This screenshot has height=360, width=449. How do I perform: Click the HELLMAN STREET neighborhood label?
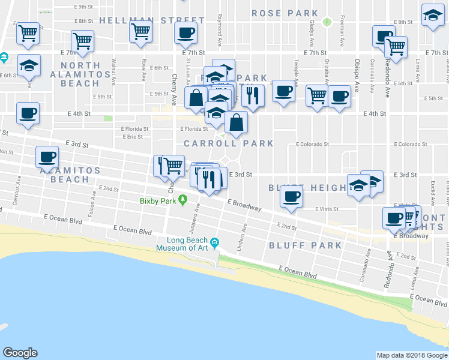[140, 20]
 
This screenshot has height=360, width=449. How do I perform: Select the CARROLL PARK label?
[229, 143]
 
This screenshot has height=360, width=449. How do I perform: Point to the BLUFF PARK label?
[306, 245]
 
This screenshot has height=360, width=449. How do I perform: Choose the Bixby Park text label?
[158, 201]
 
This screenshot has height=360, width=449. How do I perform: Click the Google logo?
[20, 353]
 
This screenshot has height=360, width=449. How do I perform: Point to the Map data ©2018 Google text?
[412, 355]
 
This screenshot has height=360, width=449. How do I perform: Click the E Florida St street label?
[194, 128]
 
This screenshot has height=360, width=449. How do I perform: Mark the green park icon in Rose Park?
[327, 22]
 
